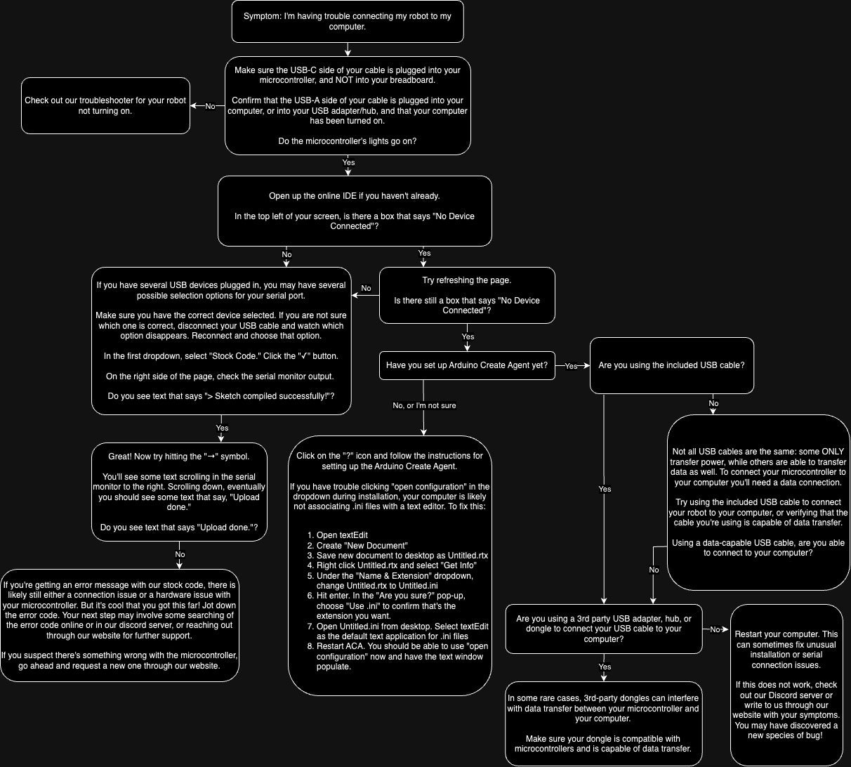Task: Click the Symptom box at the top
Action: coord(348,21)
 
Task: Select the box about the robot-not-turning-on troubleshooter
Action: coord(105,105)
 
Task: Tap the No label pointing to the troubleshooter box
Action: coord(210,106)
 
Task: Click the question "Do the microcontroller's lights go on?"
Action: coord(348,141)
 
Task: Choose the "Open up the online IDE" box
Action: coord(355,211)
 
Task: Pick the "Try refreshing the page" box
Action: coord(467,295)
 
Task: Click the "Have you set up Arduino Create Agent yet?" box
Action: coord(467,365)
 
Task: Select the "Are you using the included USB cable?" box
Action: coord(671,365)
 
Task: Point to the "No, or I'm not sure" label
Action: coord(424,405)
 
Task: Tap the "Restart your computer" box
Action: coord(786,684)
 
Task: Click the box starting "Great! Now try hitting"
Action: coord(179,492)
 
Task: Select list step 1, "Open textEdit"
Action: coord(342,535)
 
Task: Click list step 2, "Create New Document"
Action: coord(362,545)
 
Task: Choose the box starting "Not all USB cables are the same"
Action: coord(758,502)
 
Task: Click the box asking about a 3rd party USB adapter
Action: coord(604,629)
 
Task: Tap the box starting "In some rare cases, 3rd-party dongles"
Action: coord(603,723)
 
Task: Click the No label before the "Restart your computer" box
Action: coord(715,629)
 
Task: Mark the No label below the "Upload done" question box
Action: coord(180,554)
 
